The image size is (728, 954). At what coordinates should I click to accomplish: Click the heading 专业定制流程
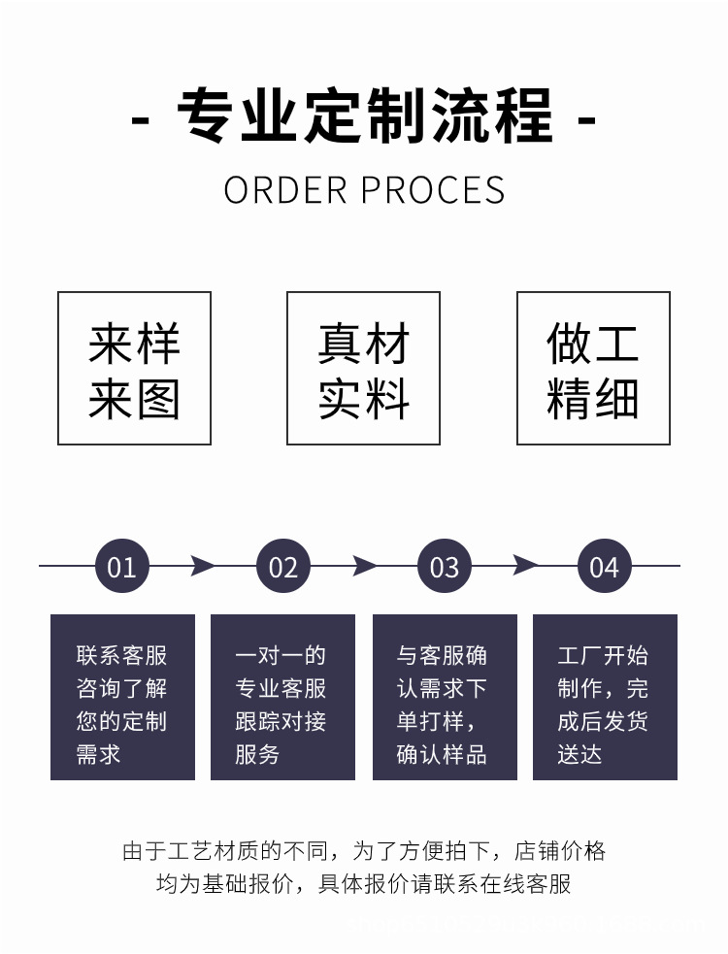[364, 117]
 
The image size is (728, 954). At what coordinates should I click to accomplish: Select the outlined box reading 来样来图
[134, 369]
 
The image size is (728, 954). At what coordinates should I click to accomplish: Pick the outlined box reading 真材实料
[363, 369]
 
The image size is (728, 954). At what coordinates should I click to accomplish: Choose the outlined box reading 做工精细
[593, 369]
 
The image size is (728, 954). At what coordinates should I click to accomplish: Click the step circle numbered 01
[122, 566]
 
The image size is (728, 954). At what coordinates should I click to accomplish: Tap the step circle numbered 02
[282, 566]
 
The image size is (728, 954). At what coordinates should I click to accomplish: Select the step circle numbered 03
[444, 566]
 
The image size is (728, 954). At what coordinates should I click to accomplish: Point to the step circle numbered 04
[604, 566]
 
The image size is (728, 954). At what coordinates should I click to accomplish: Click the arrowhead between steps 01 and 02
[202, 566]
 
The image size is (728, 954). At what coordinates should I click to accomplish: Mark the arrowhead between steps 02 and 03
[364, 566]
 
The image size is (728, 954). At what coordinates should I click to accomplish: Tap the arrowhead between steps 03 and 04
[525, 566]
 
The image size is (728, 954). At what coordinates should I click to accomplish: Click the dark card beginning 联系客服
[122, 697]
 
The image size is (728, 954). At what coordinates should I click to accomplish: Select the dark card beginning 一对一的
[282, 697]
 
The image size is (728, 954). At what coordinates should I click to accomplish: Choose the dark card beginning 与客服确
[445, 697]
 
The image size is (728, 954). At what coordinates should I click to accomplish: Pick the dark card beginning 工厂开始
[605, 697]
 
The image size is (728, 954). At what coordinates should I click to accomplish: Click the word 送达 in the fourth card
[579, 754]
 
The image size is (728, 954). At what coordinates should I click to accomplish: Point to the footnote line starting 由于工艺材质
[364, 851]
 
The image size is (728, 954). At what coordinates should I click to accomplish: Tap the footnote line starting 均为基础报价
[364, 884]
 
